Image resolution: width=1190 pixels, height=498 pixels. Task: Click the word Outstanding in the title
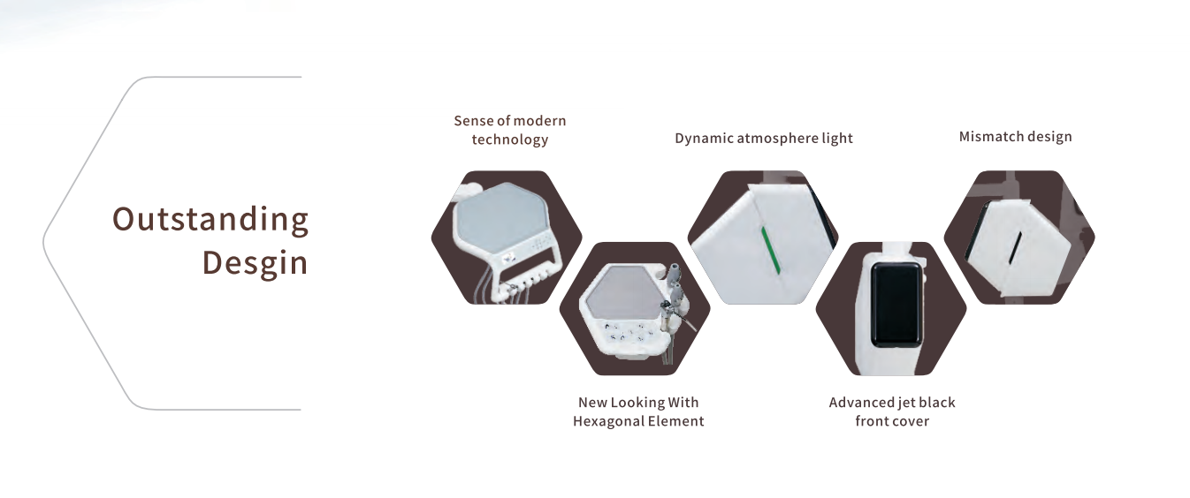point(210,220)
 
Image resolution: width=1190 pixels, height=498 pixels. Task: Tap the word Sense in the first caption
point(474,121)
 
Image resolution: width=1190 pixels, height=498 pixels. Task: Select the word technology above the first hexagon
point(510,140)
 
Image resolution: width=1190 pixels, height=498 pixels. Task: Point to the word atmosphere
point(778,139)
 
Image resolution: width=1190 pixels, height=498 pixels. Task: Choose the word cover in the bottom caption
point(912,422)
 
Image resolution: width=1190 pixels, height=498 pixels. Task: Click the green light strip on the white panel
point(771,251)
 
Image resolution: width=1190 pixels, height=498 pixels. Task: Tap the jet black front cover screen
point(896,305)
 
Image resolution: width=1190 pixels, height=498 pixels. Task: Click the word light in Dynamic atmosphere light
point(837,139)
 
